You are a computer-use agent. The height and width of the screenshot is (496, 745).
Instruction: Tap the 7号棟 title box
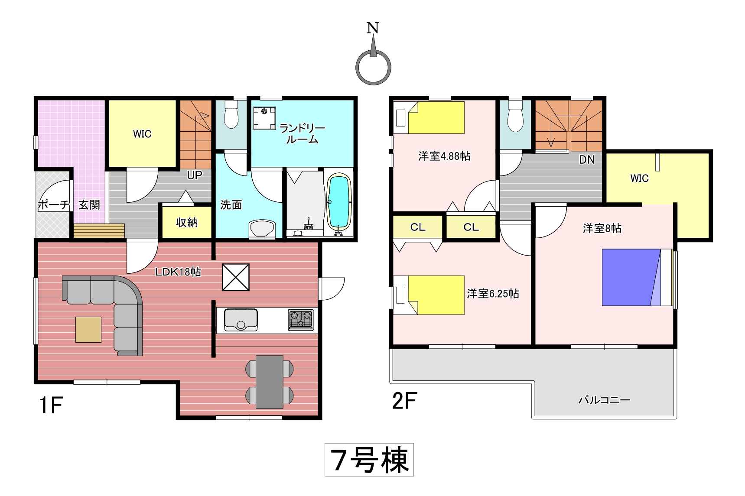point(369,460)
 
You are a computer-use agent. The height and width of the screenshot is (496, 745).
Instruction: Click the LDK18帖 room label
point(178,272)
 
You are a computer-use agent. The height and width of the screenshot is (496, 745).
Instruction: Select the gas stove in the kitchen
point(301,320)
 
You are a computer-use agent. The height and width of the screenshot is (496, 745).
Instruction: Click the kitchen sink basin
point(241,320)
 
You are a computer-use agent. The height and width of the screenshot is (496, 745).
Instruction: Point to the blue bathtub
point(338,203)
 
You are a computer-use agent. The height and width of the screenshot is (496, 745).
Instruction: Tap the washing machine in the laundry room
point(264,118)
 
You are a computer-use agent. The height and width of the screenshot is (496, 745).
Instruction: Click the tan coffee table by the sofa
point(88,330)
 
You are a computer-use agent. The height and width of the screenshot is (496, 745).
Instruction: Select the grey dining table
point(270,382)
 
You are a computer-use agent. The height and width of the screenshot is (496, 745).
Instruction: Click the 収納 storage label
point(187,223)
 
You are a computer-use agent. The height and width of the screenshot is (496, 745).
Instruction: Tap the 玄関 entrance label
point(89,205)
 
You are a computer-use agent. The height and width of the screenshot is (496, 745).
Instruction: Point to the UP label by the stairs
point(195,175)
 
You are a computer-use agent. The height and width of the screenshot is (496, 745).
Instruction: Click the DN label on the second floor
point(587,159)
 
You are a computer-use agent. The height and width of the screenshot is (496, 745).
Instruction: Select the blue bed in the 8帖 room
point(637,278)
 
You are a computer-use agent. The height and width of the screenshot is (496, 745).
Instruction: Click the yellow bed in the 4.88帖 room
point(436,117)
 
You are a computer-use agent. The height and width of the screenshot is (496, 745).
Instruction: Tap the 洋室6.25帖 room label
point(493,294)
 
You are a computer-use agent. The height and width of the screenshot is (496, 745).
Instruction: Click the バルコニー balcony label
point(604,400)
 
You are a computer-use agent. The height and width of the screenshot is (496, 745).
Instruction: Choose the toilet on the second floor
point(515,115)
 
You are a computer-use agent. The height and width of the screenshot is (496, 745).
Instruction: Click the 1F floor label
point(51,405)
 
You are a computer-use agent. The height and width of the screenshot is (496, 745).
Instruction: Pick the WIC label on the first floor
point(142,134)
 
